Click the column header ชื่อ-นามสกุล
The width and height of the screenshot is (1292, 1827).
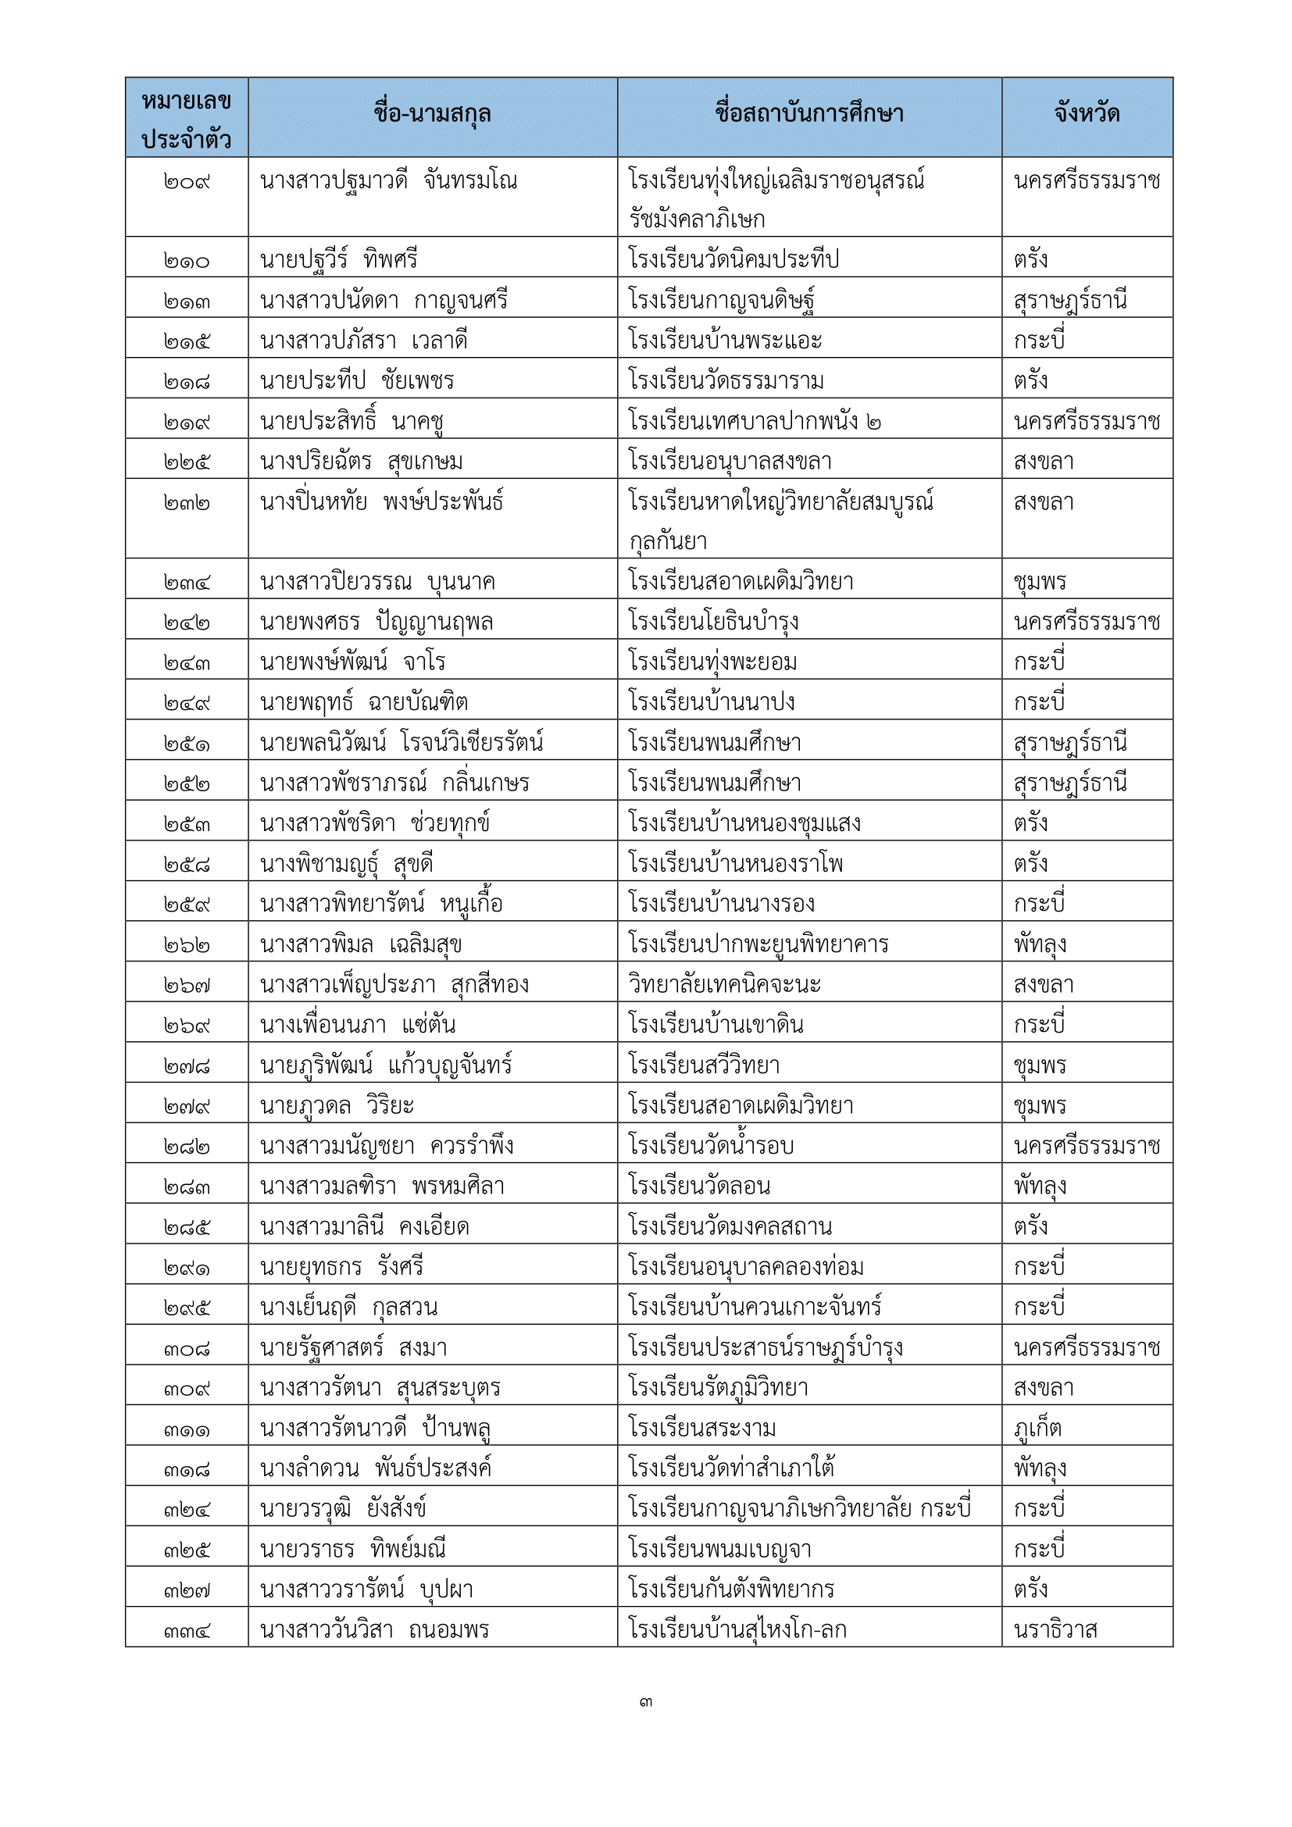pos(432,115)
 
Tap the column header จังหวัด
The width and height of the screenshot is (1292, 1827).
pos(1087,115)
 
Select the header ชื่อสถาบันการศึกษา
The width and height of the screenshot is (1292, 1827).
pos(809,115)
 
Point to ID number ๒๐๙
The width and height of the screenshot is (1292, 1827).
pos(186,182)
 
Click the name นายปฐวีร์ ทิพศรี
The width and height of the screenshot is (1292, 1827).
pos(339,260)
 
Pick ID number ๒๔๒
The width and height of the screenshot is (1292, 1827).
pos(186,623)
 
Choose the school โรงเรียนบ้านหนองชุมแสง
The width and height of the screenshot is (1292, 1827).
pos(744,823)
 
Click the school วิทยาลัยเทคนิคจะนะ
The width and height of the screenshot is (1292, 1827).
pos(724,985)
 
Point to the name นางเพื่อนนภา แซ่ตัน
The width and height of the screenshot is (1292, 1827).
pos(358,1025)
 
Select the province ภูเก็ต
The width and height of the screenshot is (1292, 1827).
pos(1037,1429)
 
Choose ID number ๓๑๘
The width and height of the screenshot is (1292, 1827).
pos(186,1469)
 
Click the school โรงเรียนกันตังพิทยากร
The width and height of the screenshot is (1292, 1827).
pos(730,1589)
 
